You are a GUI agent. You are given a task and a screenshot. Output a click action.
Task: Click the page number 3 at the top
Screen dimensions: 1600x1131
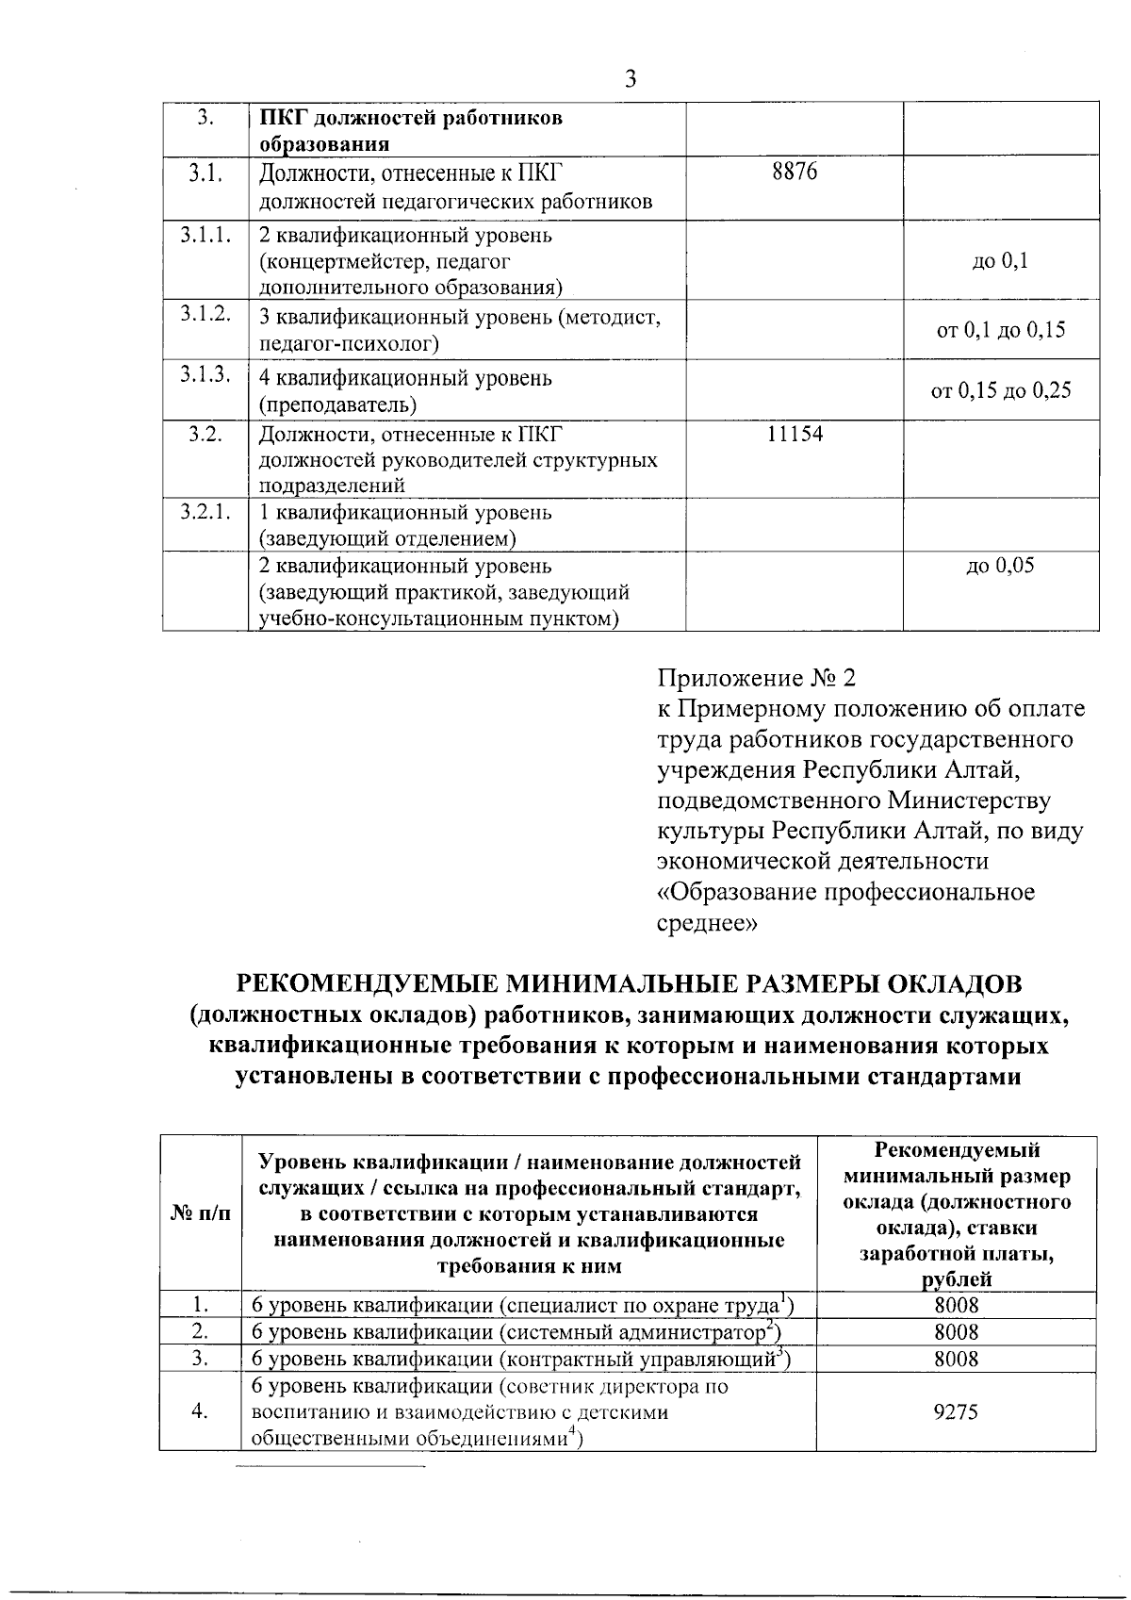point(631,79)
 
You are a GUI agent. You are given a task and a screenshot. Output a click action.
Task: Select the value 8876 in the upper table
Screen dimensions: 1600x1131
point(795,172)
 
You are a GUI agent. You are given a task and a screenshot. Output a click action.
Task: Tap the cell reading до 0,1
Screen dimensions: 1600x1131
point(1001,260)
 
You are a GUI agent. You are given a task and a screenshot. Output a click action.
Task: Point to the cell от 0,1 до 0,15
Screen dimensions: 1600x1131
point(1001,330)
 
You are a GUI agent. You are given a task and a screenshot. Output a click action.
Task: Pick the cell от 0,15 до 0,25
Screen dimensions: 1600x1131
point(1001,390)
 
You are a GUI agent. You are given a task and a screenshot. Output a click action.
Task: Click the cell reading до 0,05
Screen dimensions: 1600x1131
point(1001,566)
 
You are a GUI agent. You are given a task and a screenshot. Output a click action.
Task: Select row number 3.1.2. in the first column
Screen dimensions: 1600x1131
point(205,315)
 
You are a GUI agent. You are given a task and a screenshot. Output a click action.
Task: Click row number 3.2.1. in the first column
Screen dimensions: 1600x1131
point(205,513)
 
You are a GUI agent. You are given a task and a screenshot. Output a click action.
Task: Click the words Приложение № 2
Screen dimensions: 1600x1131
point(757,678)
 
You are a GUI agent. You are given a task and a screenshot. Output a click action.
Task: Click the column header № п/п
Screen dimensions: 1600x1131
point(200,1213)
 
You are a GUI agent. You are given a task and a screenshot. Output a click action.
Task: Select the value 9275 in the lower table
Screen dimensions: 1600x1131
point(957,1411)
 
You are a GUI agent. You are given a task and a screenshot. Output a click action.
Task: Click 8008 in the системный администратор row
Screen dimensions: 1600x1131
point(957,1332)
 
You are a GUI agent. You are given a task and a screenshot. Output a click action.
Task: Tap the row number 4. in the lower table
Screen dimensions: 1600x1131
point(200,1411)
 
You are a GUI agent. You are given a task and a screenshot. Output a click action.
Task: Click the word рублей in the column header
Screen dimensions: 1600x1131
point(957,1279)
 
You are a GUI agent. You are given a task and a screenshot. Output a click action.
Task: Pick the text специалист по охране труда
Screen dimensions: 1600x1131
point(644,1306)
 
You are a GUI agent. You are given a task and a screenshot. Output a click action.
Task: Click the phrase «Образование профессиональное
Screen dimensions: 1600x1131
point(845,892)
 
